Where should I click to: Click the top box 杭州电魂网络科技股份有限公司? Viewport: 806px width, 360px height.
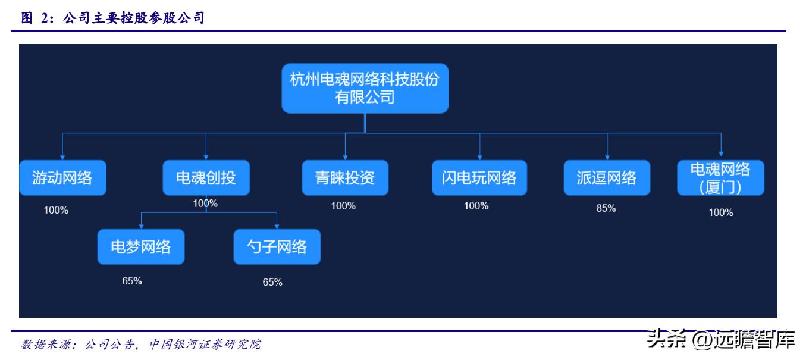click(365, 88)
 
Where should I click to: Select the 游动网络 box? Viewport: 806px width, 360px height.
click(62, 177)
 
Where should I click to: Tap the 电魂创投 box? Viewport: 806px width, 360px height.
click(206, 177)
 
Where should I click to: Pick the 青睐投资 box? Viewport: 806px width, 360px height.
click(345, 177)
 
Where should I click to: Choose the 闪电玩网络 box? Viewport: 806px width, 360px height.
click(479, 177)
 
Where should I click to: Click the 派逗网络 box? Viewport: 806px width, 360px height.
click(607, 177)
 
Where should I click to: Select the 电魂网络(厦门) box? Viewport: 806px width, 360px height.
click(720, 178)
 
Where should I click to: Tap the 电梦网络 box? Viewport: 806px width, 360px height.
click(141, 246)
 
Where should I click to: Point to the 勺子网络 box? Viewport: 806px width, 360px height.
click(277, 246)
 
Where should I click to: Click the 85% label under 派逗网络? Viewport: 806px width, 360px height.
click(606, 208)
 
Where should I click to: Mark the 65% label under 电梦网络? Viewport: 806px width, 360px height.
click(131, 281)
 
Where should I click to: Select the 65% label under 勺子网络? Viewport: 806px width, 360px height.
click(272, 282)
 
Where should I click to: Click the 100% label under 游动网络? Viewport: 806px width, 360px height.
click(56, 210)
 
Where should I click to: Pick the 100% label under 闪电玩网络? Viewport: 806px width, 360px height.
click(476, 206)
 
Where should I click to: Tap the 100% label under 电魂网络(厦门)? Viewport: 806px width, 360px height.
click(720, 212)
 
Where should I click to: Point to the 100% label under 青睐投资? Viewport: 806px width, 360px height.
click(343, 206)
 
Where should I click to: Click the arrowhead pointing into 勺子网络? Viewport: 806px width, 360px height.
click(277, 226)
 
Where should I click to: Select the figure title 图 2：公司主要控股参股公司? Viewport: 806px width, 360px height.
click(113, 18)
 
